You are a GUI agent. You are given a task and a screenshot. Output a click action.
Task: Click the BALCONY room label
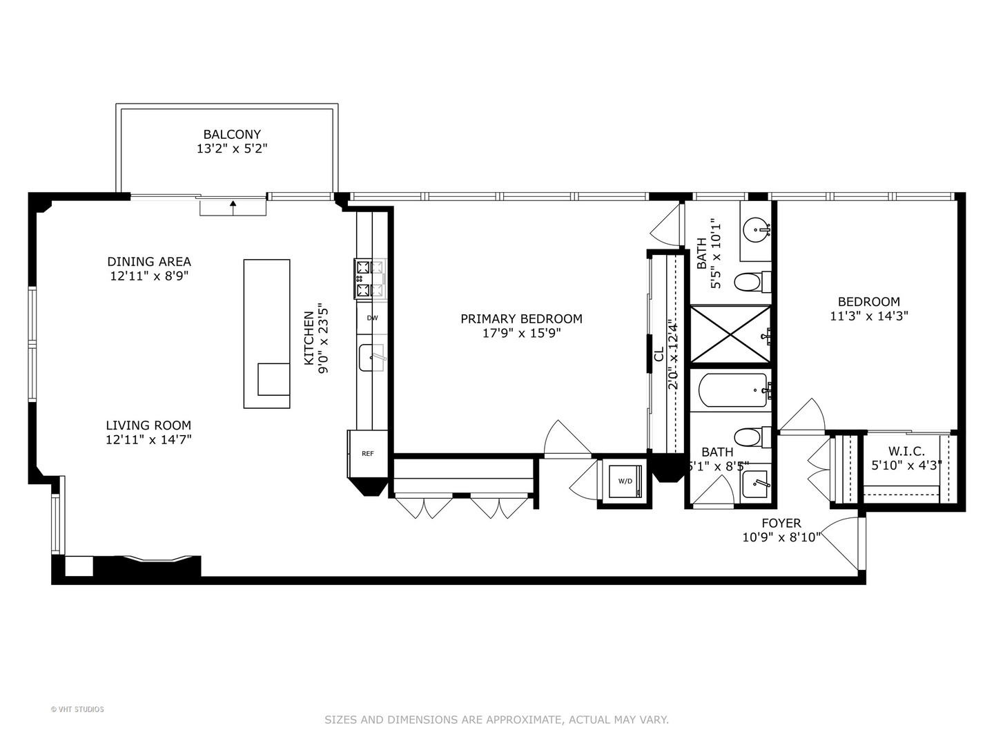point(232,135)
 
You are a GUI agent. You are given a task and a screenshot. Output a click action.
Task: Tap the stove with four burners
point(370,279)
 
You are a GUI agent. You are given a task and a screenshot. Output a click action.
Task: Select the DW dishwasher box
point(372,318)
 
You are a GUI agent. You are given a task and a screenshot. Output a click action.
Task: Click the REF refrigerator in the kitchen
point(367,454)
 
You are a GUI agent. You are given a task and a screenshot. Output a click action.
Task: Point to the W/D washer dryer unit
point(625,481)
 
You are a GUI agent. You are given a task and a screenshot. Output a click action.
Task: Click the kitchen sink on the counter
point(371,358)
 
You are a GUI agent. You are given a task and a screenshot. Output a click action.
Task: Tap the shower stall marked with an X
point(730,334)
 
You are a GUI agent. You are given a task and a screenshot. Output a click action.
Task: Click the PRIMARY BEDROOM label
point(521,319)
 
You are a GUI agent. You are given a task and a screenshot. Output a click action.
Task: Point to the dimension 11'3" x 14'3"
point(868,316)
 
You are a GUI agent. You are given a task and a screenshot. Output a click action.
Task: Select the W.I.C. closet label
point(906,451)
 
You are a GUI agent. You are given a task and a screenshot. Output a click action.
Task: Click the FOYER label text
point(781,524)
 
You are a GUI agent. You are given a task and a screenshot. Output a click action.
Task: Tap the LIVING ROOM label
point(148,425)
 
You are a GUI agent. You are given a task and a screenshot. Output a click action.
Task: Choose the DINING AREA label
point(149,262)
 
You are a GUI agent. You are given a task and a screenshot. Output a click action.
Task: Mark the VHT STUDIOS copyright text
point(77,709)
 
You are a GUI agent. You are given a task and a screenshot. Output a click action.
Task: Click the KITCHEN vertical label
point(309,338)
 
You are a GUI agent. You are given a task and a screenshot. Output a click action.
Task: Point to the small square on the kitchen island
point(273,379)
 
